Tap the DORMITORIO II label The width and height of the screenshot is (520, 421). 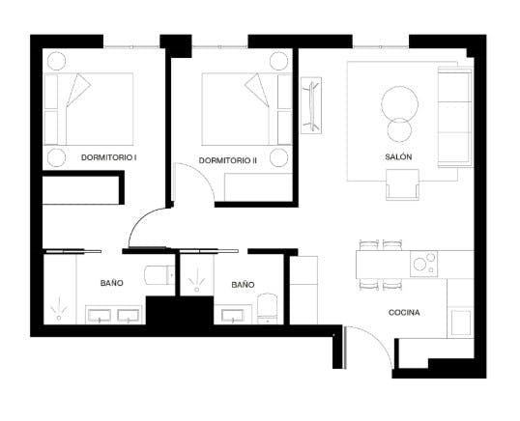point(228,159)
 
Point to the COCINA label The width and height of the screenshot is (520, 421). point(404,313)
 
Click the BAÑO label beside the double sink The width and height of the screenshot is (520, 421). point(111,284)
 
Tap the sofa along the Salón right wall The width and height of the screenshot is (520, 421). point(451,116)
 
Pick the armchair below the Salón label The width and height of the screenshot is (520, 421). point(402,183)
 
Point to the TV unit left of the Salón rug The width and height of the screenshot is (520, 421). point(311,104)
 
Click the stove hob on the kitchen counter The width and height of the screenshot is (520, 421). point(424,263)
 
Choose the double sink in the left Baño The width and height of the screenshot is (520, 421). point(115,314)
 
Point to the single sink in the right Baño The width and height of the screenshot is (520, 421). point(232,314)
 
